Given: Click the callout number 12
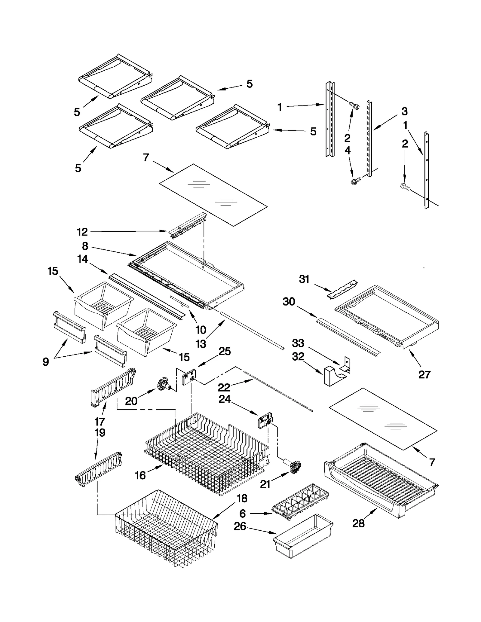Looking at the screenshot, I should pos(82,232).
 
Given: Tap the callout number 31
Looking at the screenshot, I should pos(304,279).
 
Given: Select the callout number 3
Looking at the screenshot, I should pos(405,111).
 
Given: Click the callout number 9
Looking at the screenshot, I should pos(46,361).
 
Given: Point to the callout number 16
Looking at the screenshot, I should pos(140,475).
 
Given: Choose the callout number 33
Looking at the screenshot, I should pos(298,343).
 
